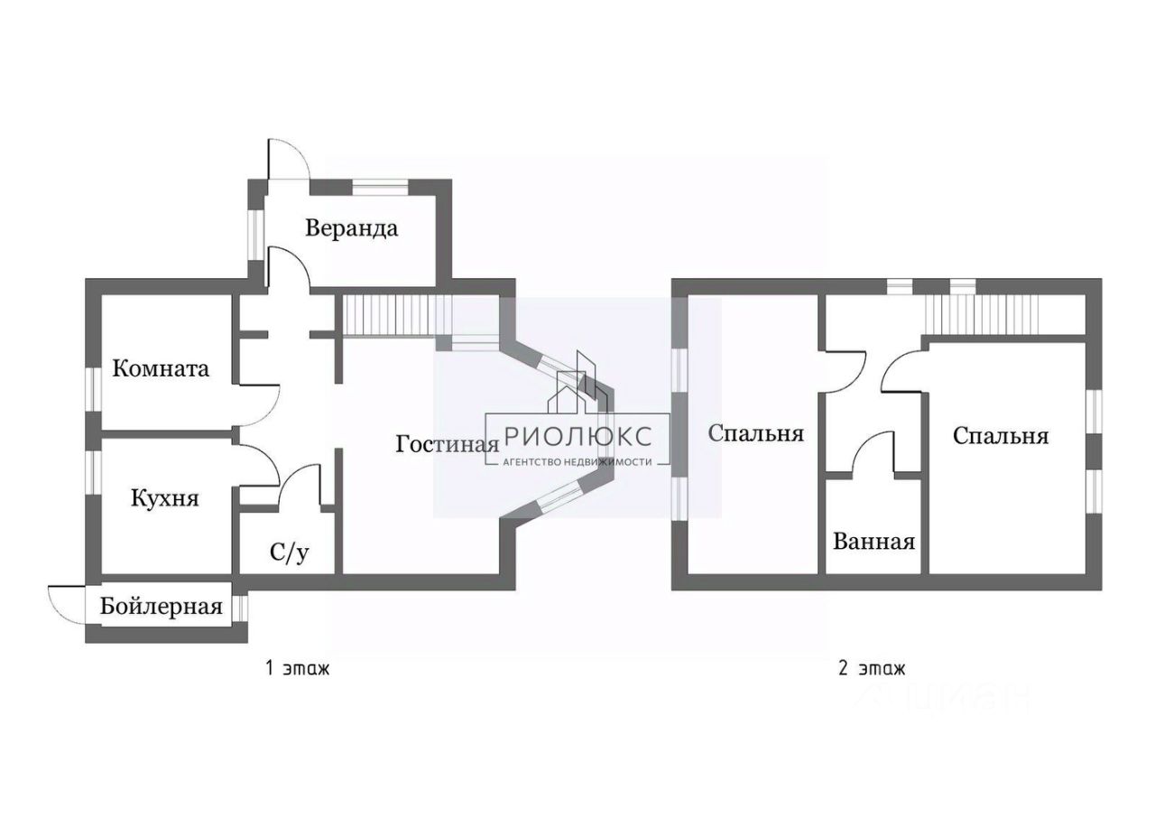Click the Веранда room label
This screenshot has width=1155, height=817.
coord(351,227)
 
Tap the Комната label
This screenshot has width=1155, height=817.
coord(161,368)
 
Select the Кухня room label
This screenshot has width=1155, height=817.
coord(164,498)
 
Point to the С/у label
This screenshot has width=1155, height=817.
coord(290,552)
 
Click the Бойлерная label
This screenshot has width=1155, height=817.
coord(162,607)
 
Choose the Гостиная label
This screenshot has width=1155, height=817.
coord(447,444)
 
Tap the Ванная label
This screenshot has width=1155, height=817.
coord(873,542)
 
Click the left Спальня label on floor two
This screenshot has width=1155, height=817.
coord(755,433)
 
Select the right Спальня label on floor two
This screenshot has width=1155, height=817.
coord(1001,436)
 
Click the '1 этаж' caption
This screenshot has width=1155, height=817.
coord(297,669)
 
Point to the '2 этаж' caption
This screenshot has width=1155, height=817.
coord(871,669)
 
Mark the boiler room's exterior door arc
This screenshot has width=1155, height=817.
coord(65,596)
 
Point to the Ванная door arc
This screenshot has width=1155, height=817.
coord(871,447)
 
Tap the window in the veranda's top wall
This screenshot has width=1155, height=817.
coord(379,187)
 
